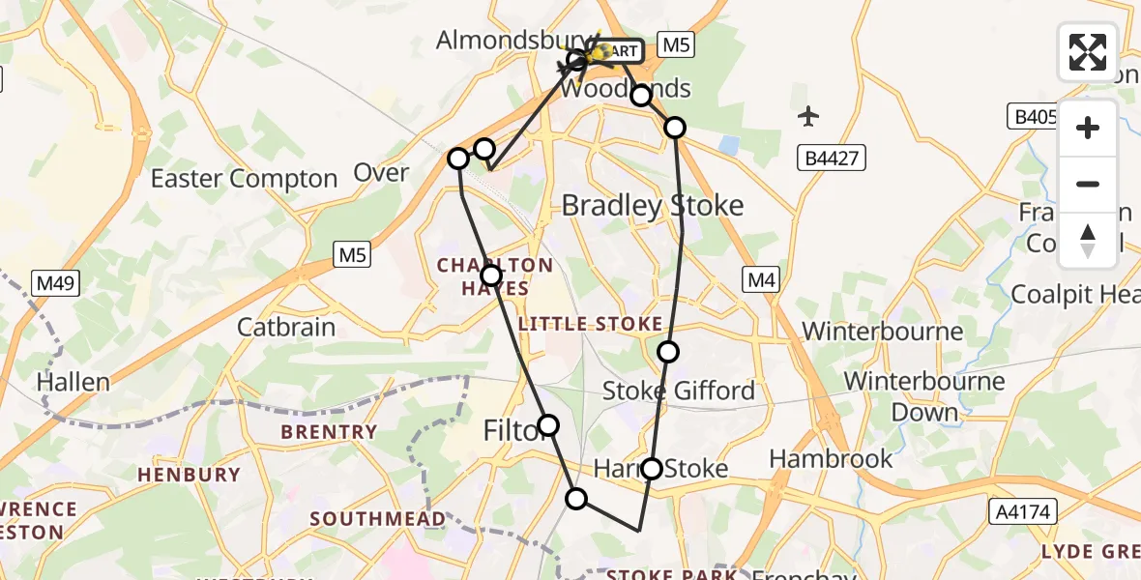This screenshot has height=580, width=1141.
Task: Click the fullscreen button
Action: (1088, 52)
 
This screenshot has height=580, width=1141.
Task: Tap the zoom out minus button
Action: (1088, 184)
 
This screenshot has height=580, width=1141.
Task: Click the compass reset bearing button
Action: (1088, 241)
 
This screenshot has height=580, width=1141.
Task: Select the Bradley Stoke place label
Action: (653, 205)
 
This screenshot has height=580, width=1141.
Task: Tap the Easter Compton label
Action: (244, 179)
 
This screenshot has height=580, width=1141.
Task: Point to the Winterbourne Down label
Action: (924, 396)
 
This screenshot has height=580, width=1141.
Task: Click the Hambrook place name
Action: (831, 458)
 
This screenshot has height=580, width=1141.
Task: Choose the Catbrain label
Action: (286, 327)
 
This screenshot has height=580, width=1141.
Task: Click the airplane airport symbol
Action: (808, 117)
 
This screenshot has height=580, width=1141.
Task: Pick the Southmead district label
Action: (377, 519)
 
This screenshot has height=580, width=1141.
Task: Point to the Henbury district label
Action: (189, 475)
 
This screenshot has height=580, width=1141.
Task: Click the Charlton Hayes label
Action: (495, 276)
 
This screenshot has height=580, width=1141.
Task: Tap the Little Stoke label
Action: (590, 324)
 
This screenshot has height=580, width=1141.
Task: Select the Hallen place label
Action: (73, 382)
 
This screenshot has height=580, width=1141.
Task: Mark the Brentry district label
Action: (329, 432)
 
